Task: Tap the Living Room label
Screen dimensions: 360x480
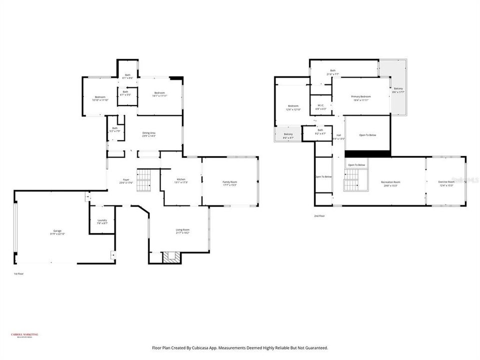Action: coord(182,231)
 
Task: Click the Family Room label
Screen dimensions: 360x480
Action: coord(230,183)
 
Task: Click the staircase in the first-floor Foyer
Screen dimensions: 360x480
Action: coord(143,180)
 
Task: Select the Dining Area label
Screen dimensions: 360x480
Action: coord(149,134)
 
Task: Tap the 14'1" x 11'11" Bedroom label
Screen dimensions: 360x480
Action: coord(159,94)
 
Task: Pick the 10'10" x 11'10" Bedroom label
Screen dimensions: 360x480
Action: coord(100,98)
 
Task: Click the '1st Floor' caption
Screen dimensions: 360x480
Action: coord(18,274)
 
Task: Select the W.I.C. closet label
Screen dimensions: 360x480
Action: coord(321,106)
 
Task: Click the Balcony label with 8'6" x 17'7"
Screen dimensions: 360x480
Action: coord(398,90)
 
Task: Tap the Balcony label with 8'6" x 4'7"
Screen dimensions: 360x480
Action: coord(288,135)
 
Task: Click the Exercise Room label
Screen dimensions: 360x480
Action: coord(446,183)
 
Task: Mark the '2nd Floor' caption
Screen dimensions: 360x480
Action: coord(319,216)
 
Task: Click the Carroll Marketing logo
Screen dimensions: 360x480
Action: coord(24,335)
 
